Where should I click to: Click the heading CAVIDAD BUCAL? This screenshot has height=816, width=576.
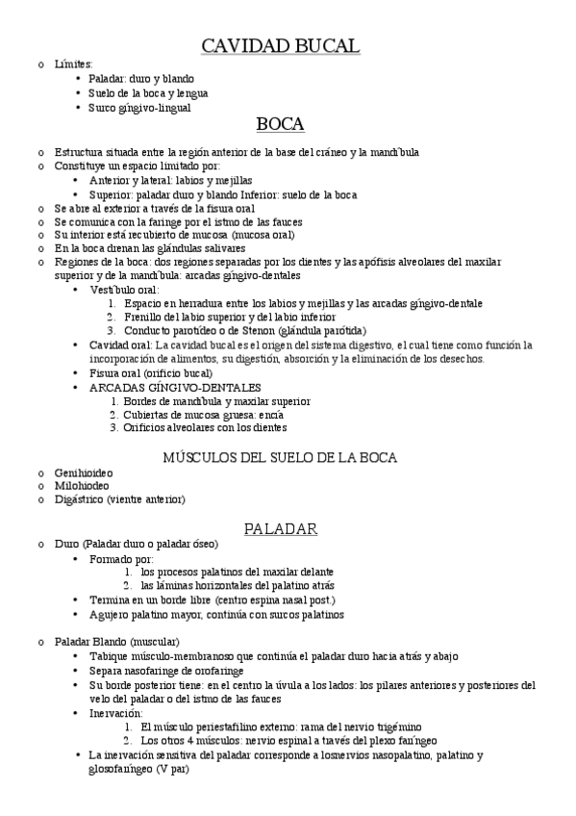pyautogui.click(x=281, y=45)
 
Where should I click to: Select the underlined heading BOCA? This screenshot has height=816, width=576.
pyautogui.click(x=281, y=124)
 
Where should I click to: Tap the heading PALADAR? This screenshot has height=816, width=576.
pyautogui.click(x=281, y=528)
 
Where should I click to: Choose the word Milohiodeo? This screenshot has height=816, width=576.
pyautogui.click(x=83, y=486)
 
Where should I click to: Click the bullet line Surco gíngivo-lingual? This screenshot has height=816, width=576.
pyautogui.click(x=139, y=108)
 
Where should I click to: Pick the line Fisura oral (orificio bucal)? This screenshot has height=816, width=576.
pyautogui.click(x=150, y=372)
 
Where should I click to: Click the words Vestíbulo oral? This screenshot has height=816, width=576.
pyautogui.click(x=124, y=289)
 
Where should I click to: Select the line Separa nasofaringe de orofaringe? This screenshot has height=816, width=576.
pyautogui.click(x=166, y=670)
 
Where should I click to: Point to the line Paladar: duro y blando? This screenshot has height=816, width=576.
pyautogui.click(x=141, y=79)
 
